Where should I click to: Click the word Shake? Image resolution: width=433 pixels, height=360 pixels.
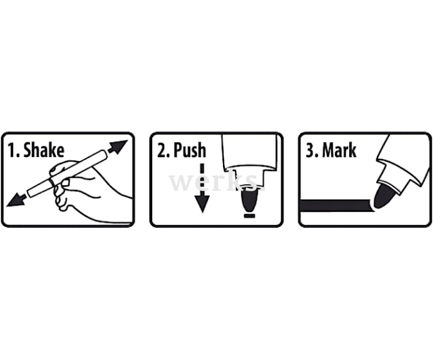44,150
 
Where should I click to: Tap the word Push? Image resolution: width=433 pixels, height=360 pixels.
190,150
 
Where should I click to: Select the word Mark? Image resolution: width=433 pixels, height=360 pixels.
339,150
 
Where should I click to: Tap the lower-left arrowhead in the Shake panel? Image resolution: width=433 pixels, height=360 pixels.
17,200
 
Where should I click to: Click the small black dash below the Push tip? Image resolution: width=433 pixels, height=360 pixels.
250,215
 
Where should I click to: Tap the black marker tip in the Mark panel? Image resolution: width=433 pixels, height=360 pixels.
383,196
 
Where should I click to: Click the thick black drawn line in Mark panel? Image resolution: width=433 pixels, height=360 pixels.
336,206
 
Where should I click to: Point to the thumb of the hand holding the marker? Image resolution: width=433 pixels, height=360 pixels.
58,168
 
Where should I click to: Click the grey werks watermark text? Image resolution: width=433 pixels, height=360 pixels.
216,182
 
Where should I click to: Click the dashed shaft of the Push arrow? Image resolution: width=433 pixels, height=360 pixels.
202,179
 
